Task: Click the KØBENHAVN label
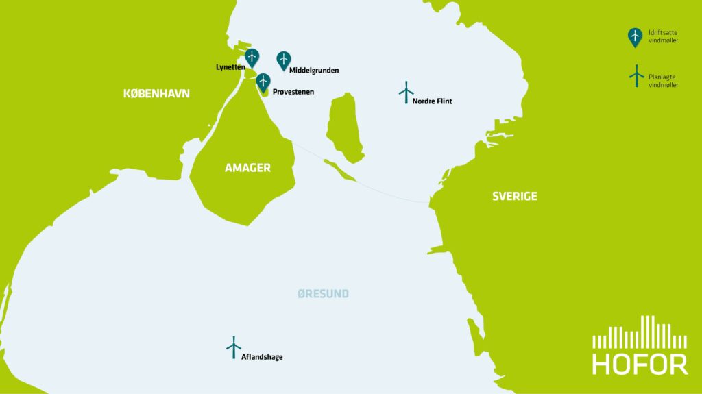[156, 94]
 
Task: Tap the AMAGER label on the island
[247, 168]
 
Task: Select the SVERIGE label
[514, 197]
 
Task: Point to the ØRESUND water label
[323, 294]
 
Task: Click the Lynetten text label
[230, 67]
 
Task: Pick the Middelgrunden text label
[314, 70]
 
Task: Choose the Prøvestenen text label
[293, 91]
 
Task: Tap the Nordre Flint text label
[432, 101]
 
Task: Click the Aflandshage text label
[262, 357]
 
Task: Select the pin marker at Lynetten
[252, 58]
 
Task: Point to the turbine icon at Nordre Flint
[407, 92]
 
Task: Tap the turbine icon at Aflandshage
[234, 347]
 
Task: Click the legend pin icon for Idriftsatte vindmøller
[636, 37]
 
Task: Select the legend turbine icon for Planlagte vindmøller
[636, 76]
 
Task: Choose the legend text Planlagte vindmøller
[663, 81]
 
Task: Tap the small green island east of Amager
[344, 127]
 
